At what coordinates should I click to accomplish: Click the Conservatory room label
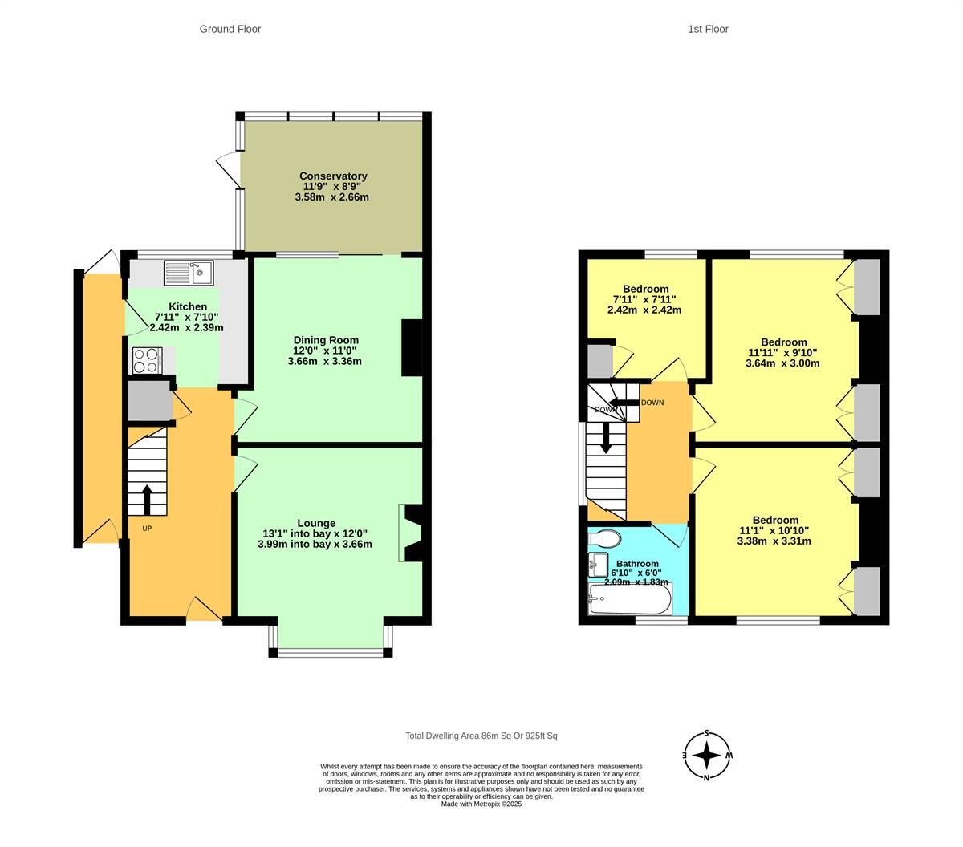pos(333,176)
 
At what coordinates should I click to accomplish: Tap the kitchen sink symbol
pos(187,273)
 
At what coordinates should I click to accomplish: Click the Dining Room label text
pos(325,340)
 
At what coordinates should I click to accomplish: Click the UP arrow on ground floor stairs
pos(148,499)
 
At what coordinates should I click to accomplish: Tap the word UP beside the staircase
pos(147,529)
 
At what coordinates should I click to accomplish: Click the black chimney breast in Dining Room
pos(412,347)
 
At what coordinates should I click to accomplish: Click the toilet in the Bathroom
pos(604,537)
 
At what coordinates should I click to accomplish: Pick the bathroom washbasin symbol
pos(596,565)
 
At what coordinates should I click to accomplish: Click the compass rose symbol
pos(706,756)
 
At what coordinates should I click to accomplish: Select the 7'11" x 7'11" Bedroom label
pos(645,299)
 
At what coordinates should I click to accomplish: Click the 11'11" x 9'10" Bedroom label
pos(783,352)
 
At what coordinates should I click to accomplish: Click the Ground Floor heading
pos(230,29)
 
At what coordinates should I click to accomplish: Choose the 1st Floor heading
pos(708,29)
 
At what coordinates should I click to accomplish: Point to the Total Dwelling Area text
pos(481,736)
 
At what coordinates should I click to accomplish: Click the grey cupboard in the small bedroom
pos(599,361)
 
